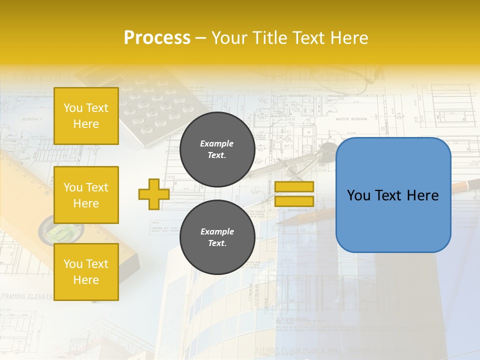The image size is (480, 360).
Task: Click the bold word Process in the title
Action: tap(157, 38)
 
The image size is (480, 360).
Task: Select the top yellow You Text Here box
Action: tap(86, 116)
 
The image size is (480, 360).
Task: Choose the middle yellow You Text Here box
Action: tap(86, 195)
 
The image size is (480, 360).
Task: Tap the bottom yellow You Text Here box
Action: tap(86, 271)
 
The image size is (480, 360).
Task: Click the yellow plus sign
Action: tap(154, 194)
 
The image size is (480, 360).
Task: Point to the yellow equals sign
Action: tap(294, 194)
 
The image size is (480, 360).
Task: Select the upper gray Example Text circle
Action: tap(217, 149)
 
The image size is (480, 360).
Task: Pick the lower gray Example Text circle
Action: tap(217, 237)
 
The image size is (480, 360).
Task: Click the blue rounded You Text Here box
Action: tap(393, 195)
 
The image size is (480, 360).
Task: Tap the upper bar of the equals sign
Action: tap(294, 187)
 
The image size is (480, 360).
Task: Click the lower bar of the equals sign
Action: tap(294, 201)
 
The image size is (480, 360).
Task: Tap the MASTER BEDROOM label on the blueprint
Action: tap(351, 119)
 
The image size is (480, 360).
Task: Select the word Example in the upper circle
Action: tap(217, 143)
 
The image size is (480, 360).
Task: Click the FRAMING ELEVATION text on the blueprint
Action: tap(27, 296)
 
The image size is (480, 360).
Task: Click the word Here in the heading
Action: tap(349, 38)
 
